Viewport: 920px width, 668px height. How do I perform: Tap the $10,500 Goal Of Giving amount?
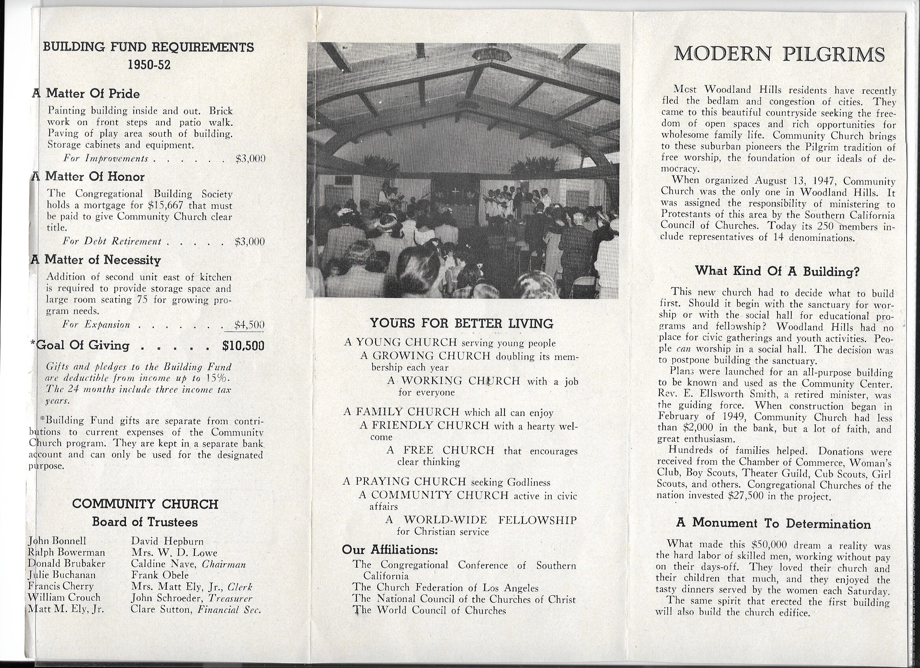pos(244,345)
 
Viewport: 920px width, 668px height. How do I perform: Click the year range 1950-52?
pos(149,65)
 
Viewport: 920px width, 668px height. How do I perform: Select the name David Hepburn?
pos(167,541)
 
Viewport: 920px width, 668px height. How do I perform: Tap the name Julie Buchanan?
pos(62,575)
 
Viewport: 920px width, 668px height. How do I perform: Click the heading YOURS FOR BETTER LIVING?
pos(462,323)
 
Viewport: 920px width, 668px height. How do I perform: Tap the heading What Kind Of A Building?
pos(777,271)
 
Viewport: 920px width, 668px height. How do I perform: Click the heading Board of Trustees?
pos(145,522)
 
